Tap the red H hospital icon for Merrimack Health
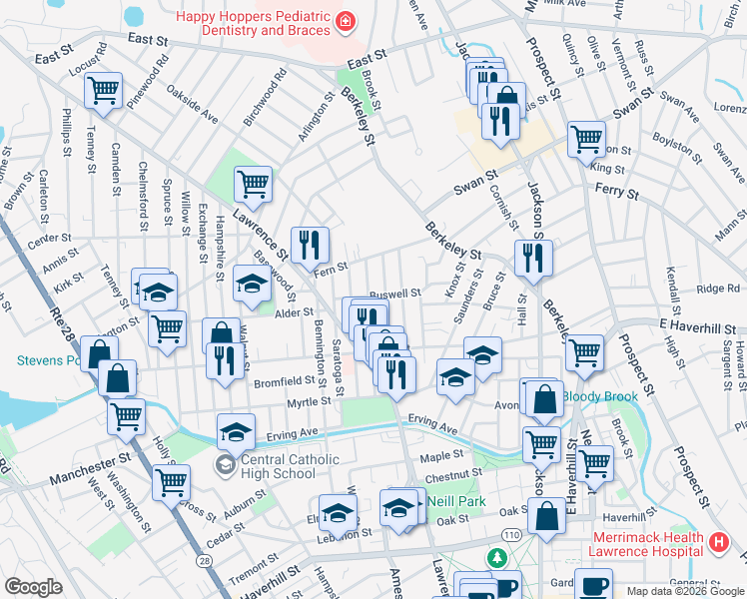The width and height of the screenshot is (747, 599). click(717, 544)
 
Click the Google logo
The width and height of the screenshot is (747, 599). click(33, 587)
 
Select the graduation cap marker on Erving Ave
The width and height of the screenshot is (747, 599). click(236, 431)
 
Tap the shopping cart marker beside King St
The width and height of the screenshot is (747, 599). click(586, 139)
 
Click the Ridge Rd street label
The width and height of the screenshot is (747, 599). click(718, 290)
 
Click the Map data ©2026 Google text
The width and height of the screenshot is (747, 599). click(684, 590)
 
